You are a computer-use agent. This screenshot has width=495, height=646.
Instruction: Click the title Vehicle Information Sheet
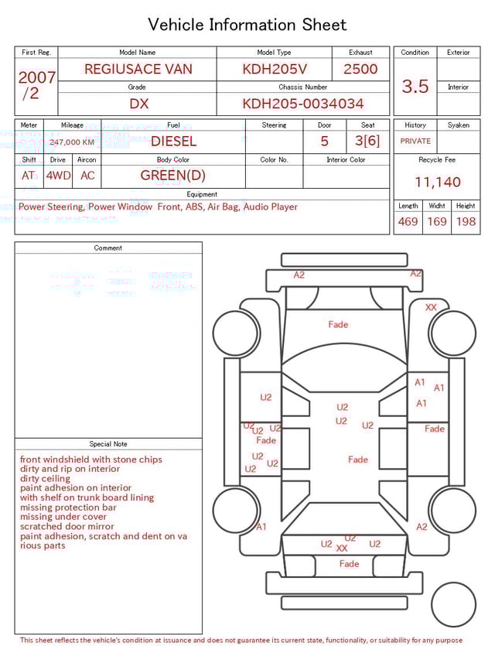247,25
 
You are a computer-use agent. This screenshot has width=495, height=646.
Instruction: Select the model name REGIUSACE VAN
138,69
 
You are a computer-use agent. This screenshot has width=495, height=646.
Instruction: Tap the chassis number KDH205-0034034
303,104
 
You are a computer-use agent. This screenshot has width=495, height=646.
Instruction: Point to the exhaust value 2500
360,69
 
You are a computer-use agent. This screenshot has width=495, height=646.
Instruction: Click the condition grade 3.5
415,87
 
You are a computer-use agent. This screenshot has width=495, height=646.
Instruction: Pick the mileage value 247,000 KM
72,142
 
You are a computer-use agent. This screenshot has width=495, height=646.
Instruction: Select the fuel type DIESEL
173,142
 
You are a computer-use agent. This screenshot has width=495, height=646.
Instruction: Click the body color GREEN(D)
173,176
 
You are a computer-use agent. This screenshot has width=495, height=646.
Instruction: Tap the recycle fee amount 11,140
437,183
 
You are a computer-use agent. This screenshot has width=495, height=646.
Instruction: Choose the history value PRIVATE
415,142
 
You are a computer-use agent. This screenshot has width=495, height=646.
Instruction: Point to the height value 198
466,222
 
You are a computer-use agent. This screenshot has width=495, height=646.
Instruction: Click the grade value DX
138,104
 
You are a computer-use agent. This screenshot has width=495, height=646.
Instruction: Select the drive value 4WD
58,176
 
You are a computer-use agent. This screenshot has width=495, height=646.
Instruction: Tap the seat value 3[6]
367,142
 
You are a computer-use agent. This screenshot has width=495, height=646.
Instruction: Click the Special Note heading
108,444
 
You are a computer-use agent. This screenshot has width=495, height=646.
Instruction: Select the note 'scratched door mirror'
67,527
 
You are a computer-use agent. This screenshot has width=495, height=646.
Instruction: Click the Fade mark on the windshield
338,325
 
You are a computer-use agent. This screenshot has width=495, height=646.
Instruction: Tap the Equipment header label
202,194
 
